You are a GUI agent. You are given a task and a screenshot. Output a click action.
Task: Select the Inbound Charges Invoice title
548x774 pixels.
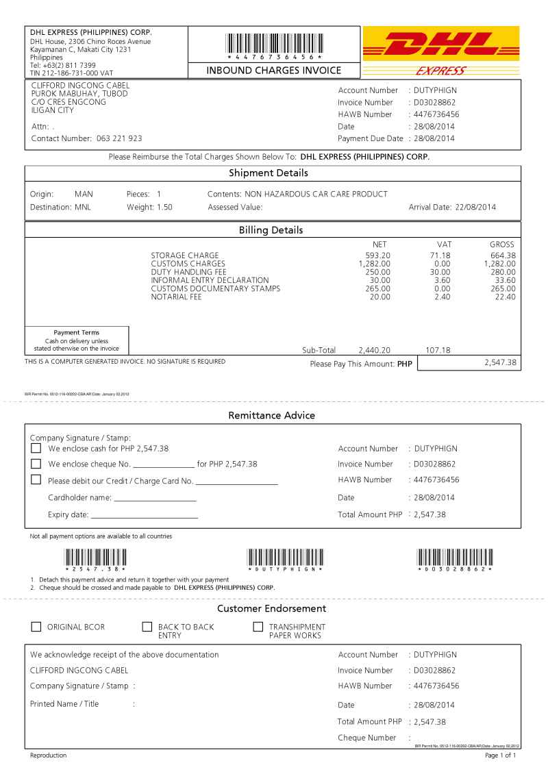[273, 71]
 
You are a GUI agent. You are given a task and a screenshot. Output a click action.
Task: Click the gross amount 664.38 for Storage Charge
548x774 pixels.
[502, 255]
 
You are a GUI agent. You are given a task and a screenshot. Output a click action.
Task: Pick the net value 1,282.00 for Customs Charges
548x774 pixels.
[374, 264]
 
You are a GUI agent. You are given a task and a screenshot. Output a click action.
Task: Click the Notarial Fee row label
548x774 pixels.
[176, 297]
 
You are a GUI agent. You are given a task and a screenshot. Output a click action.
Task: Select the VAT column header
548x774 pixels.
[444, 244]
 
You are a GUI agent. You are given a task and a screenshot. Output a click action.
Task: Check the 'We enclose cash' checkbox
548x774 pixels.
[36, 448]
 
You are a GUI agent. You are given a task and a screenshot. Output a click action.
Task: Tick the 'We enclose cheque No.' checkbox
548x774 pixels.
[36, 464]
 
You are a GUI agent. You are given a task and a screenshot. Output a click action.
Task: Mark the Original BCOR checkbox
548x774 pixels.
[36, 627]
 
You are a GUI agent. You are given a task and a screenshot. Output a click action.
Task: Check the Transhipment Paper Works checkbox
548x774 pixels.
[258, 627]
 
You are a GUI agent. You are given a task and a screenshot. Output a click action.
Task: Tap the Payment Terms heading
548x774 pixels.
[76, 333]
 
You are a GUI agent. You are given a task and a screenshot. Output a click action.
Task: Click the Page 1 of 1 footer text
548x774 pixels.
[500, 756]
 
